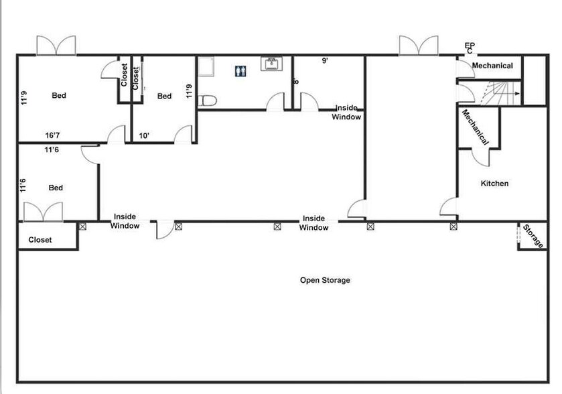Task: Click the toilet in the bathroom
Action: click(209, 101)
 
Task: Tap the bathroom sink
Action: click(271, 64)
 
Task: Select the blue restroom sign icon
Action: click(240, 70)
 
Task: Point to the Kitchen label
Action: click(494, 184)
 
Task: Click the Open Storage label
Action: click(325, 280)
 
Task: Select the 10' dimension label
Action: click(144, 135)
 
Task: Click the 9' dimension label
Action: click(326, 61)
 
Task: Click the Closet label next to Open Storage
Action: click(40, 240)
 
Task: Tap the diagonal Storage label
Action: click(534, 237)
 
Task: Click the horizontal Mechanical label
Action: click(492, 66)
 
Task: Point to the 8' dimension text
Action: click(296, 82)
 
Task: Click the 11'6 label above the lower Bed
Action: click(51, 151)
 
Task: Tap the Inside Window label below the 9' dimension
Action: click(347, 113)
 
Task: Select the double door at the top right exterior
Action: click(419, 45)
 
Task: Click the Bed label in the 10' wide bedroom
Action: click(164, 96)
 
